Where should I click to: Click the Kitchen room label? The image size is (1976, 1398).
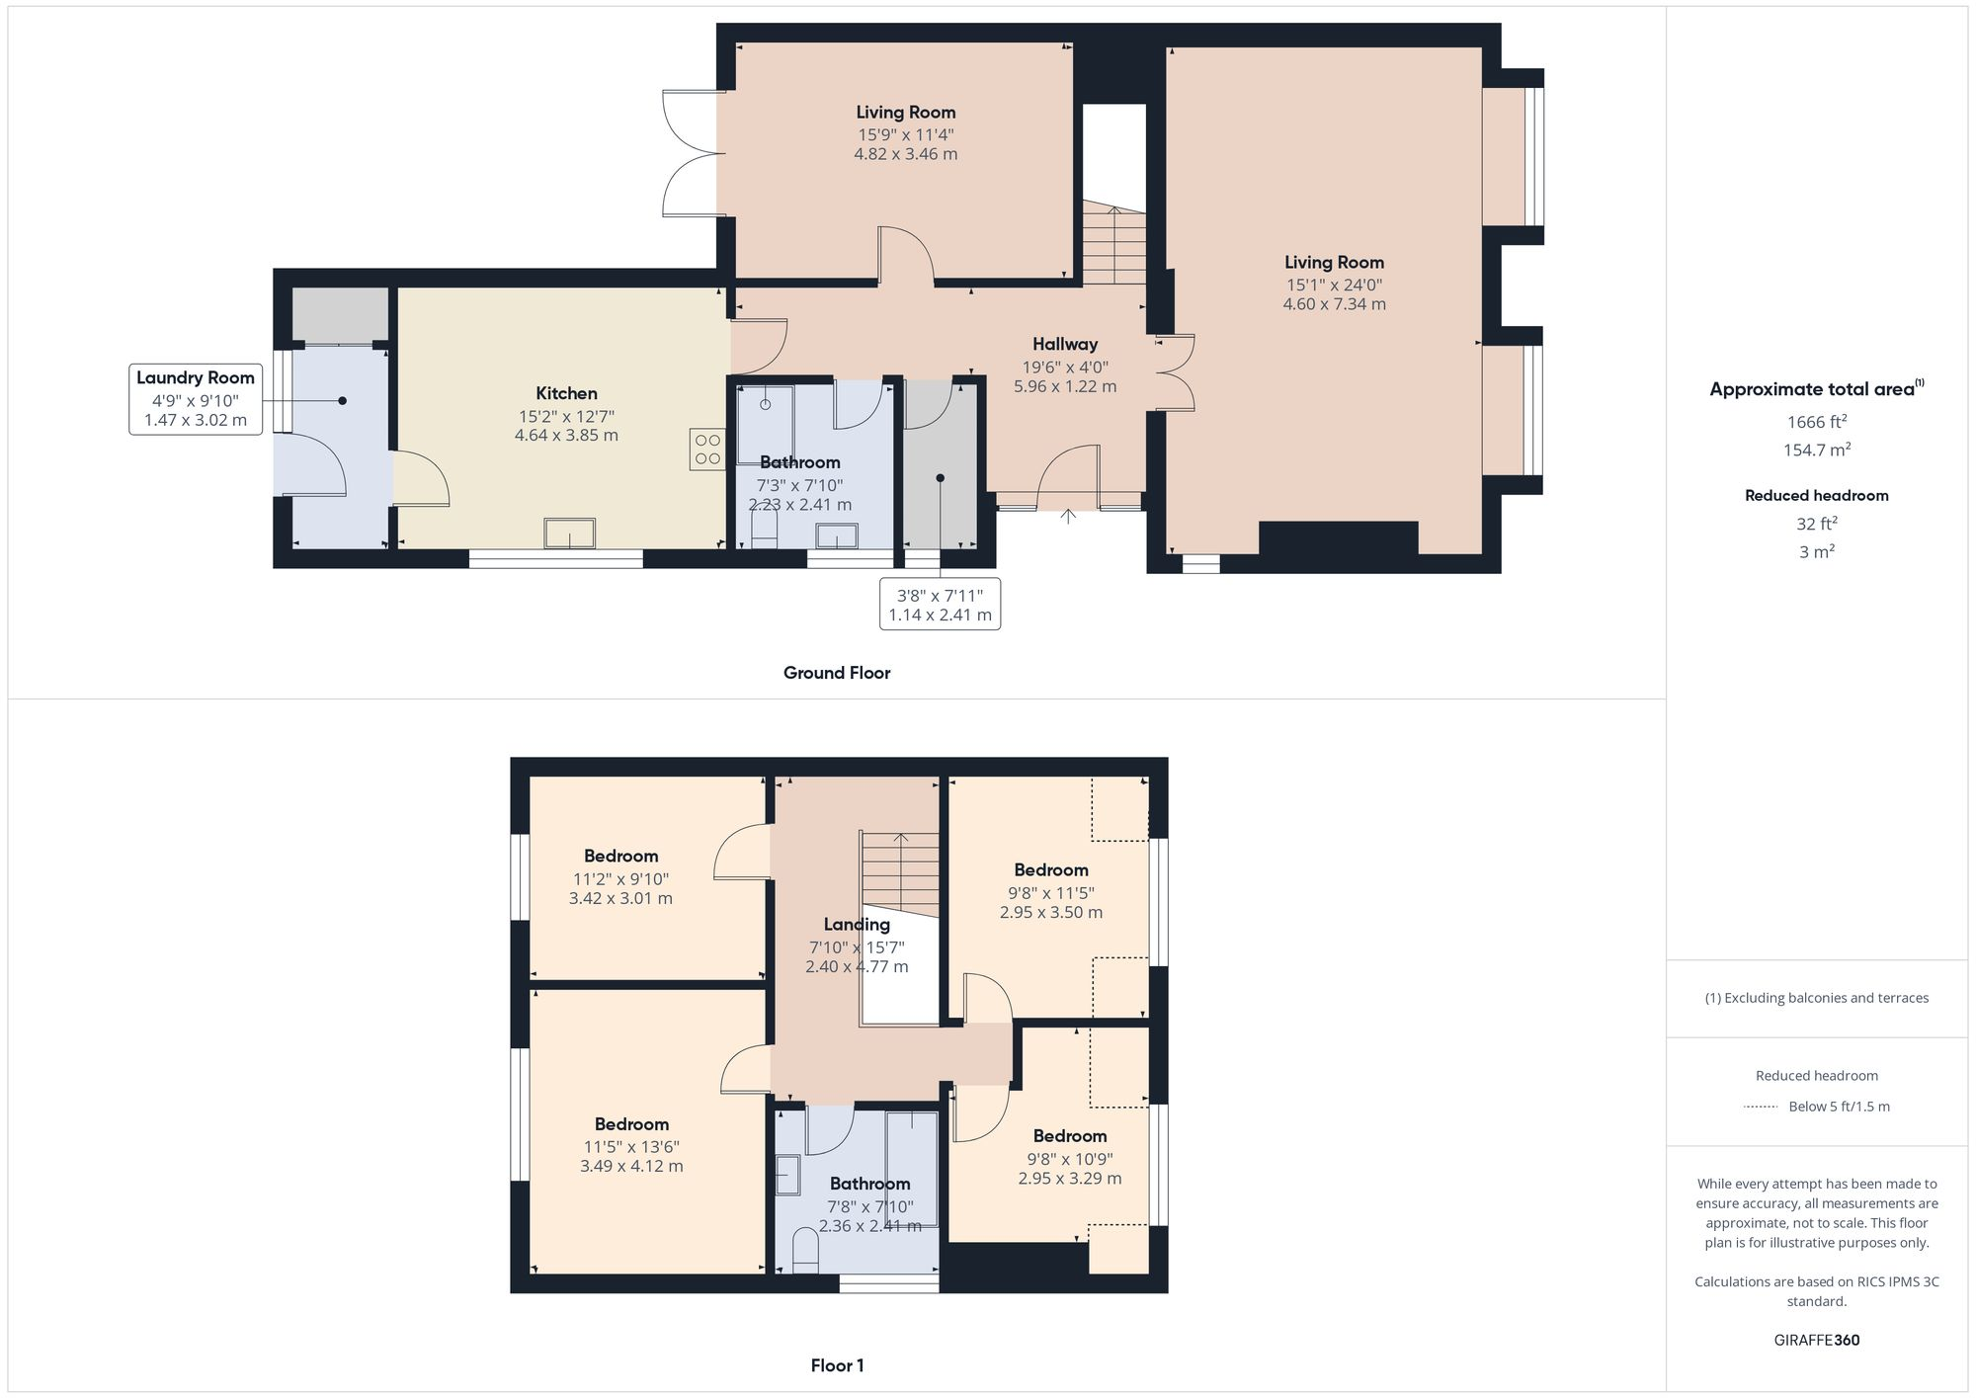pos(566,393)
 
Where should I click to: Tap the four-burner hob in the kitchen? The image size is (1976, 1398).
pos(707,450)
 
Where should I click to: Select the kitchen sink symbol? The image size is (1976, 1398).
pos(570,534)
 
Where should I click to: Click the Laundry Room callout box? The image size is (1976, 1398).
pos(196,399)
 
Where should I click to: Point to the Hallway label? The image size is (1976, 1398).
pos(1065,344)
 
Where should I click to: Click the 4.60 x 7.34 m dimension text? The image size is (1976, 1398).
pos(1334,304)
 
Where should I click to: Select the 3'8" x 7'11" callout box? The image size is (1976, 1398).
pos(940,604)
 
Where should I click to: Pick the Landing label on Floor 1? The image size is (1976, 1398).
pos(857,925)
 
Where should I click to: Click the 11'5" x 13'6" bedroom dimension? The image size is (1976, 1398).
pos(631,1147)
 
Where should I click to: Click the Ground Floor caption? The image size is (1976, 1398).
pos(837,673)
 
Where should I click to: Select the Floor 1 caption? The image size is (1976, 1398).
pos(837,1365)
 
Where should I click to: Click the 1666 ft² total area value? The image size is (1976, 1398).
pos(1816,422)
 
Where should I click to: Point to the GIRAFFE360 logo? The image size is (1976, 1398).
pos(1816,1341)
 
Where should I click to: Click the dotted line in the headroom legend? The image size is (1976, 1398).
pos(1761,1107)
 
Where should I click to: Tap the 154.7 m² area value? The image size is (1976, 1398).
pos(1816,450)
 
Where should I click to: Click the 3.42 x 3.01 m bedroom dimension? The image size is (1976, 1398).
pos(620,899)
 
